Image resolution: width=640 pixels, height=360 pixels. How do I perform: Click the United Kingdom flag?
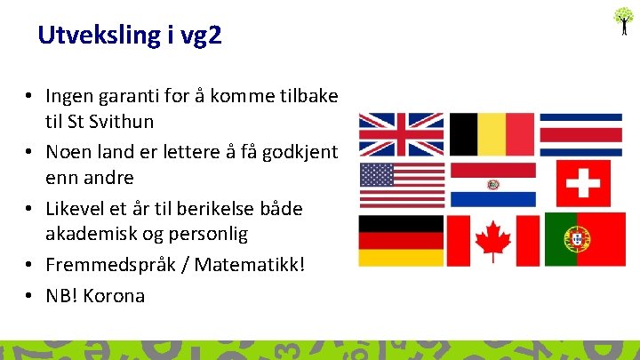pyautogui.click(x=401, y=134)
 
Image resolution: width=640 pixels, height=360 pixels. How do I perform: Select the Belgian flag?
pyautogui.click(x=491, y=134)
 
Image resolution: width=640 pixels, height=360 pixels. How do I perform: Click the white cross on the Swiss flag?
pyautogui.click(x=583, y=184)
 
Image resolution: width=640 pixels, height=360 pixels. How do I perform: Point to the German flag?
pyautogui.click(x=401, y=240)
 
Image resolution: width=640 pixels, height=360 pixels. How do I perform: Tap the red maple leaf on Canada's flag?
pyautogui.click(x=492, y=240)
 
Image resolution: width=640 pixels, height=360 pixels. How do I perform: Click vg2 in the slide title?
pyautogui.click(x=201, y=36)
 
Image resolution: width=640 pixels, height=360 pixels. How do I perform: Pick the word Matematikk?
pyautogui.click(x=253, y=266)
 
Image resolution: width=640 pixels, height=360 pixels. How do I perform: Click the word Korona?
pyautogui.click(x=116, y=296)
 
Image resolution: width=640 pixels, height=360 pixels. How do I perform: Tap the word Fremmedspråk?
pyautogui.click(x=106, y=266)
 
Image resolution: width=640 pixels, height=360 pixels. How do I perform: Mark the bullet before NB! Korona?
pyautogui.click(x=29, y=296)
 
